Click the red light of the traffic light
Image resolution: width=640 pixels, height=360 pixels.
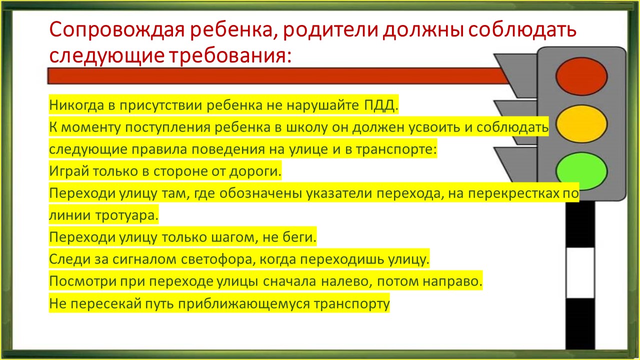pos(581,76)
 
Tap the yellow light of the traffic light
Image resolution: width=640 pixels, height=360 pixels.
pos(581,123)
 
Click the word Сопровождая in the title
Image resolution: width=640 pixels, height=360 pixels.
pos(117,29)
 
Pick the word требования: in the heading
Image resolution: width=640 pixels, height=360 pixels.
pos(231,55)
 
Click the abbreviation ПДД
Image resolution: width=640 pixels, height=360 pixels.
pos(381,105)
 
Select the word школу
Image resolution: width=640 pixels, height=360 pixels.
pos(307,127)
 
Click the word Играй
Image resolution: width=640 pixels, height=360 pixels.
pos(68,171)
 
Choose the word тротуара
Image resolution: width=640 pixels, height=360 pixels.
pos(126,215)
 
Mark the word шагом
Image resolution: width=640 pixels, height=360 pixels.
pos(232,237)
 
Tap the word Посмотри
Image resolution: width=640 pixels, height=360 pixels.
pos(82,281)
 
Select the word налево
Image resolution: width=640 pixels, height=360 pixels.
pos(347,281)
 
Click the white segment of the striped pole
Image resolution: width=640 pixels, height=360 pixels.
pos(580,273)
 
